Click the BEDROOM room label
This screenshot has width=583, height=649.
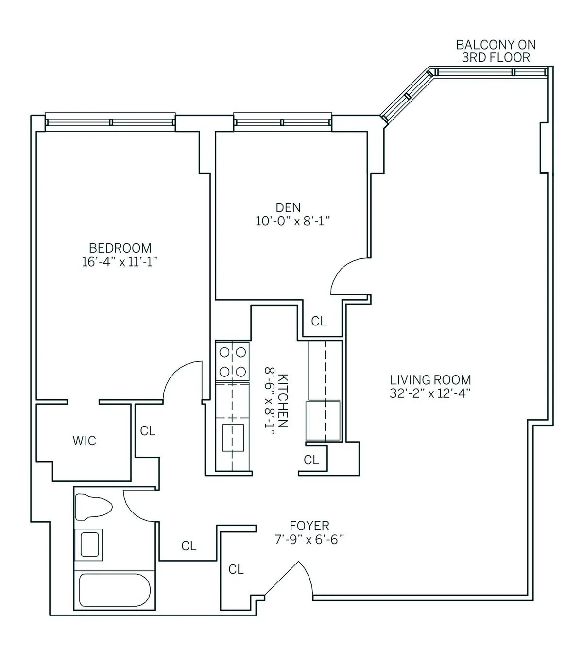[120, 248]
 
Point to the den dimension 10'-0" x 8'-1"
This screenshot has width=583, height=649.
[293, 222]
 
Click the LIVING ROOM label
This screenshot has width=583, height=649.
[430, 380]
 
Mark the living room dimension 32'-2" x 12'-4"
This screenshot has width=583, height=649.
[430, 393]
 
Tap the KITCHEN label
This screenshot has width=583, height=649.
[284, 401]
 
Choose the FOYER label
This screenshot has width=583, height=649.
[309, 526]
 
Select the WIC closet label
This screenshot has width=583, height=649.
[85, 441]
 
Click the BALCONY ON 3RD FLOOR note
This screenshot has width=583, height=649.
[496, 51]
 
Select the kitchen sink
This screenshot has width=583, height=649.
[233, 436]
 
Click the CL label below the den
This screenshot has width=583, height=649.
[319, 321]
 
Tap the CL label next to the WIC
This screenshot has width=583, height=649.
[148, 431]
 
